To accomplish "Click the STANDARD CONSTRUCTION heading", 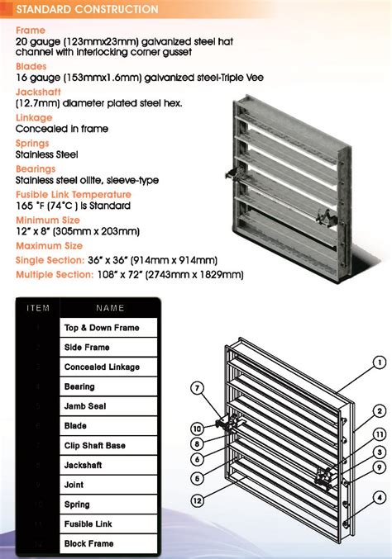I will pyautogui.click(x=87, y=10).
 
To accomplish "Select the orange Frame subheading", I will pyautogui.click(x=31, y=31).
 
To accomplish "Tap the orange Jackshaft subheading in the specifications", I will pyautogui.click(x=39, y=94).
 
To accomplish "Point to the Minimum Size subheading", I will pyautogui.click(x=47, y=220).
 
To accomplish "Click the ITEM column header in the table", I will pyautogui.click(x=38, y=308).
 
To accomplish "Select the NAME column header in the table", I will pyautogui.click(x=110, y=308).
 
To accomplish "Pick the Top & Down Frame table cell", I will pyautogui.click(x=102, y=328).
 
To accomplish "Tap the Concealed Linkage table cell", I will pyautogui.click(x=102, y=367).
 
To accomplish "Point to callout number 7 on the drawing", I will pyautogui.click(x=197, y=387).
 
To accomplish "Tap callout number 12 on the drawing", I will pyautogui.click(x=198, y=500).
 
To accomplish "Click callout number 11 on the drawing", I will pyautogui.click(x=380, y=433).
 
